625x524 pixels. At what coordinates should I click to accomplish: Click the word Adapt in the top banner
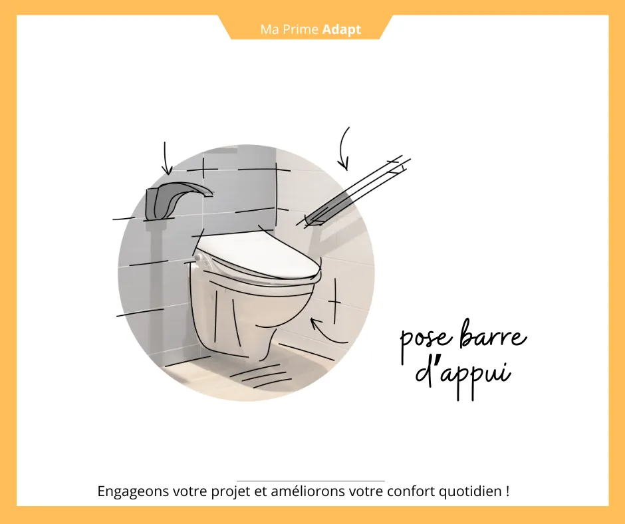pos(342,29)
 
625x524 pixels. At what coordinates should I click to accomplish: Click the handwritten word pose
pos(426,341)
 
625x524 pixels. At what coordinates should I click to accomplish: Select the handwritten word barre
pos(493,334)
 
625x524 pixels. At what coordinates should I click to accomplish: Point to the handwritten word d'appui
pos(463,374)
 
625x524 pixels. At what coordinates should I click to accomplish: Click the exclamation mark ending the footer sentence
pos(507,491)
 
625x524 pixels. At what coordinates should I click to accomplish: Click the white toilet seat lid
pos(258,255)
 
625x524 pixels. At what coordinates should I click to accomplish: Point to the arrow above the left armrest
pos(166,158)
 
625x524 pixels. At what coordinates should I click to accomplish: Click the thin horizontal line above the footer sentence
pos(311,481)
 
